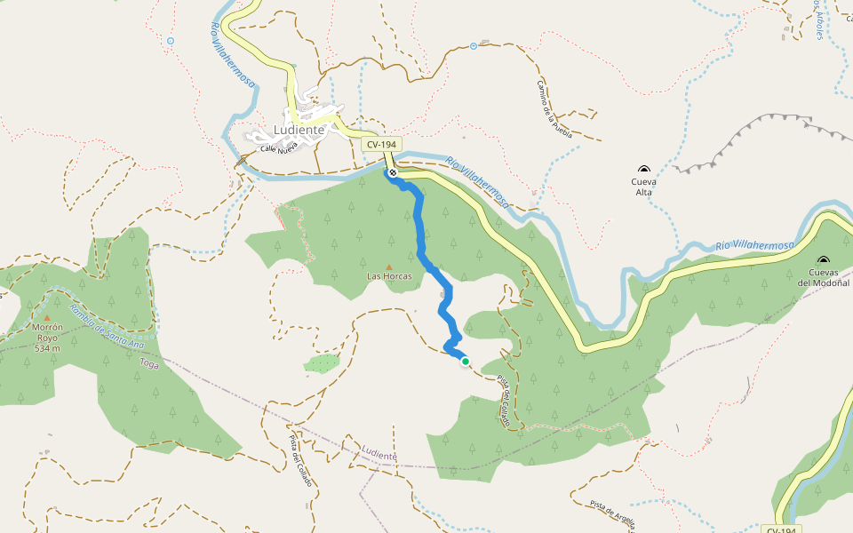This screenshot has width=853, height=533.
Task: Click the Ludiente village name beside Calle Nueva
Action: [299, 130]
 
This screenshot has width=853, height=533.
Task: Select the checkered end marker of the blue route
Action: [392, 172]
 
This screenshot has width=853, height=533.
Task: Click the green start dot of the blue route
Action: [465, 362]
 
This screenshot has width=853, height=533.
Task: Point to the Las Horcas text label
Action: [389, 277]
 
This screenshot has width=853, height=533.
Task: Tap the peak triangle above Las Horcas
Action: [389, 266]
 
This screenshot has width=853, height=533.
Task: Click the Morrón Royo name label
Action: [47, 332]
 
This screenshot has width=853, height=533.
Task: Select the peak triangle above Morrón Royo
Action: [47, 316]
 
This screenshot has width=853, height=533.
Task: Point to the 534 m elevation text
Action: [47, 348]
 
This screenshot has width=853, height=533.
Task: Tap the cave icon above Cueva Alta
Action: [643, 169]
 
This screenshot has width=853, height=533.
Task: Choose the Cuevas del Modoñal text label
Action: [823, 277]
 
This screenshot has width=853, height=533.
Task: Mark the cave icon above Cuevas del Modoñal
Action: [823, 260]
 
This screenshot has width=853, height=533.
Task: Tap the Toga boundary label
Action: [149, 362]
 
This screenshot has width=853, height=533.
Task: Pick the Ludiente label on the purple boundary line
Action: [379, 455]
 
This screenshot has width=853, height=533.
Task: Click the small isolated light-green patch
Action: [323, 363]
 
